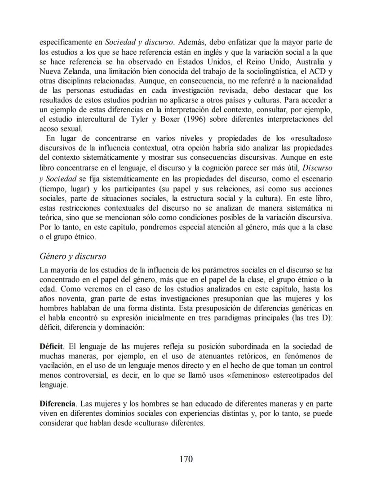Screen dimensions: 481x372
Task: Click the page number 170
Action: click(186, 459)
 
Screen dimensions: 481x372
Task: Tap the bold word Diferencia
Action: click(58, 403)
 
